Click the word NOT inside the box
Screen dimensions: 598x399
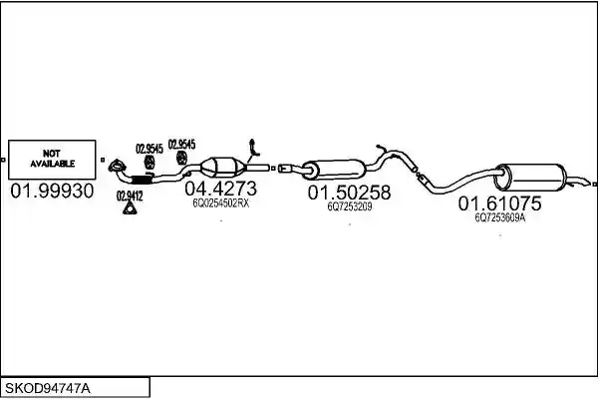point(52,154)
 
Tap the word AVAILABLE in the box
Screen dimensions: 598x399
point(52,164)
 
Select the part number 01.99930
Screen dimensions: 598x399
point(52,191)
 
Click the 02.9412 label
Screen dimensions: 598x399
point(130,197)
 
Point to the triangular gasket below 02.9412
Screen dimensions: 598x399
point(130,208)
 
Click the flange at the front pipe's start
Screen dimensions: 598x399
point(117,166)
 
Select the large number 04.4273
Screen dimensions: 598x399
point(221,189)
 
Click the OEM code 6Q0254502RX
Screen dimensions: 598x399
point(221,203)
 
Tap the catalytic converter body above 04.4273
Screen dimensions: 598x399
point(223,167)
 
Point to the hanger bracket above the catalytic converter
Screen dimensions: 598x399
point(254,148)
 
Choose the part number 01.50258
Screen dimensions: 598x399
point(350,193)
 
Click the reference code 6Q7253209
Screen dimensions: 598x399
point(350,206)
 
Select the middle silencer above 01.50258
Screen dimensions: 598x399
point(335,170)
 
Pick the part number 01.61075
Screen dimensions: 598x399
point(499,203)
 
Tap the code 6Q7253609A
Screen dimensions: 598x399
point(500,217)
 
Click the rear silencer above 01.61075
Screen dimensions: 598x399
point(530,177)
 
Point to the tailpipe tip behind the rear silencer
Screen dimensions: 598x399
point(588,183)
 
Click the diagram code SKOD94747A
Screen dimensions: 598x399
point(48,389)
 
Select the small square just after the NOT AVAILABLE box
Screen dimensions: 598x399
point(103,160)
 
